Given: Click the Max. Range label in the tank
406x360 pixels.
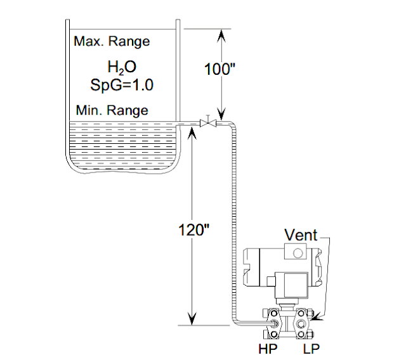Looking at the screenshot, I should pos(112,42).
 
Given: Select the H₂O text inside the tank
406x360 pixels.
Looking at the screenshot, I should pos(122,67).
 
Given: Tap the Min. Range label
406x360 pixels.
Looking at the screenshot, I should pos(112,110).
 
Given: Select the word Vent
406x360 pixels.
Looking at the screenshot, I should pos(301,235).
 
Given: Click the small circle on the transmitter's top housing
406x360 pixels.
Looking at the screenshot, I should pos(297,253).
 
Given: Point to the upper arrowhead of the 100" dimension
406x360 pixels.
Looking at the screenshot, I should pos(220,33).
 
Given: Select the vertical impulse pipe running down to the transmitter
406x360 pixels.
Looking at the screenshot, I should pos(234,222).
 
